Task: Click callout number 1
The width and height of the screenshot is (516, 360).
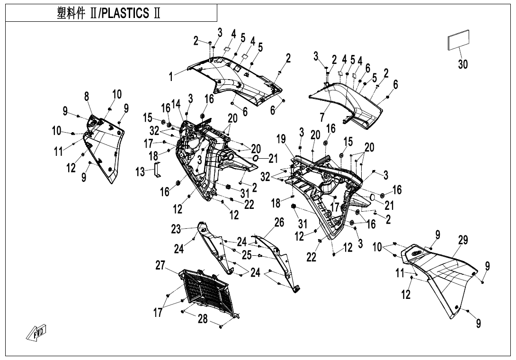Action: (172, 76)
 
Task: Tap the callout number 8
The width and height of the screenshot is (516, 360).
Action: (87, 97)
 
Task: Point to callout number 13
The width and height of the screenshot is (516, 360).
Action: (141, 172)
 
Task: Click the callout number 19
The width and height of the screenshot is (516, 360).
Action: (281, 139)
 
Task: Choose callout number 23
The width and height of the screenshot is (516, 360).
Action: (177, 229)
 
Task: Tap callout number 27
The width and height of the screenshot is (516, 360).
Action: (161, 265)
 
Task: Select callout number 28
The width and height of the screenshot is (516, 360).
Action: (203, 319)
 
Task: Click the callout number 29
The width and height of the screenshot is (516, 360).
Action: (463, 240)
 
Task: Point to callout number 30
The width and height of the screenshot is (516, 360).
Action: (463, 64)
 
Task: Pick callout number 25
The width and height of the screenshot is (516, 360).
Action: (247, 255)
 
